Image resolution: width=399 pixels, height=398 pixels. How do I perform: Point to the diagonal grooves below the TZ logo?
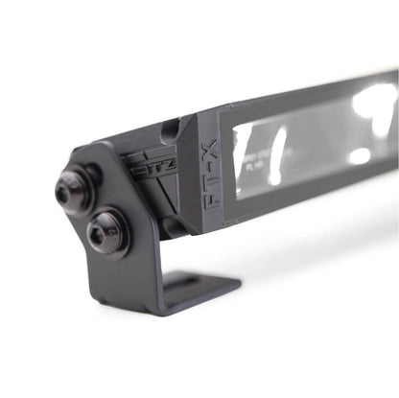tap(153, 197)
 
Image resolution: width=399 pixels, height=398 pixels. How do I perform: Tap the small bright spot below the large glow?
tap(360, 155)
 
